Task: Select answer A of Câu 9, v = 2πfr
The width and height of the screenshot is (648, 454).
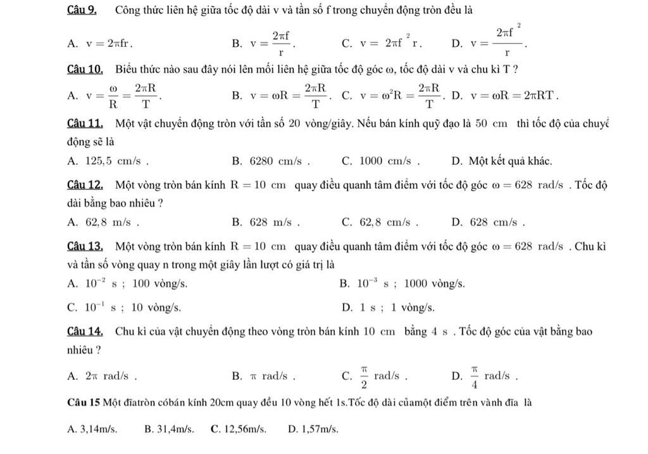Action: point(101,44)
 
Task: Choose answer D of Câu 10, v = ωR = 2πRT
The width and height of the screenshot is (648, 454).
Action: point(506,96)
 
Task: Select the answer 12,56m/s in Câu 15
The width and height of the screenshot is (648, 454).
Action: point(239,429)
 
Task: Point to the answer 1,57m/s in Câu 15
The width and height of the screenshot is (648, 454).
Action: point(313,429)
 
